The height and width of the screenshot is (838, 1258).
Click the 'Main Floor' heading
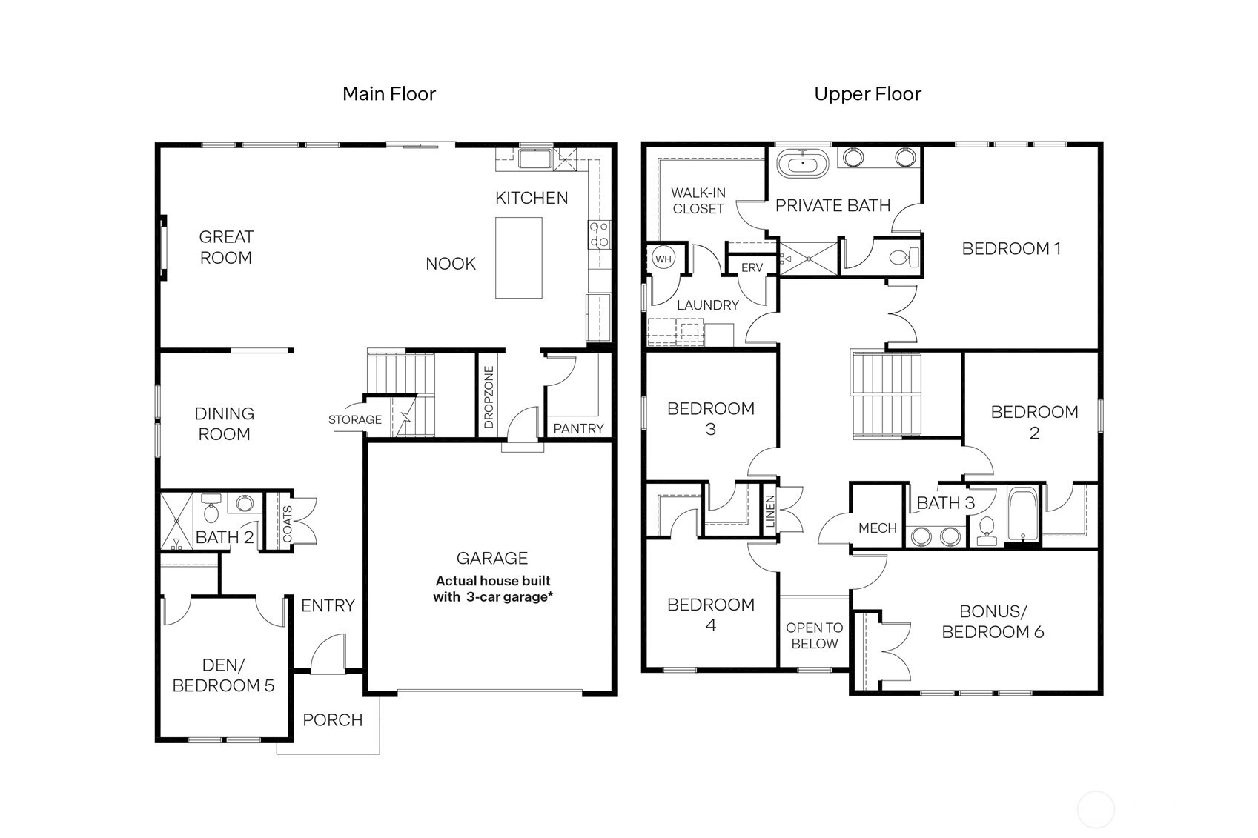coord(388,94)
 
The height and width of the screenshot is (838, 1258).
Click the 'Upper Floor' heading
coord(867,94)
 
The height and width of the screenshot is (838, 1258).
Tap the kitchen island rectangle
coord(518,257)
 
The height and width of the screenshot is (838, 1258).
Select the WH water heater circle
coord(663,259)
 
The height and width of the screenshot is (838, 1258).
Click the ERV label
coord(751,267)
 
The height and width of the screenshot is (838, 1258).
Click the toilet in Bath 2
coord(211,512)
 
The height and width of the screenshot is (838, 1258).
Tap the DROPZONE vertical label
coord(489,397)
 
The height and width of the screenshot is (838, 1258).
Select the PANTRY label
coord(578,428)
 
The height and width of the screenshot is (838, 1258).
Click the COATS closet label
coord(288,523)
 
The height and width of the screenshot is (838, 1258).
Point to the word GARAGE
coord(492,558)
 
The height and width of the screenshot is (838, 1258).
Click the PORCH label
coord(332,719)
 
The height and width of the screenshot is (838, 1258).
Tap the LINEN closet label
coord(769,511)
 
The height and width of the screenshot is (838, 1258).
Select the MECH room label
coord(877,528)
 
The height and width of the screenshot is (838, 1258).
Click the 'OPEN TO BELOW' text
coord(814,635)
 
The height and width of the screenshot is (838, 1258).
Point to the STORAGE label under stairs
coord(354,419)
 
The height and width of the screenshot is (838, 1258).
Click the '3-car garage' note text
coord(493,589)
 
